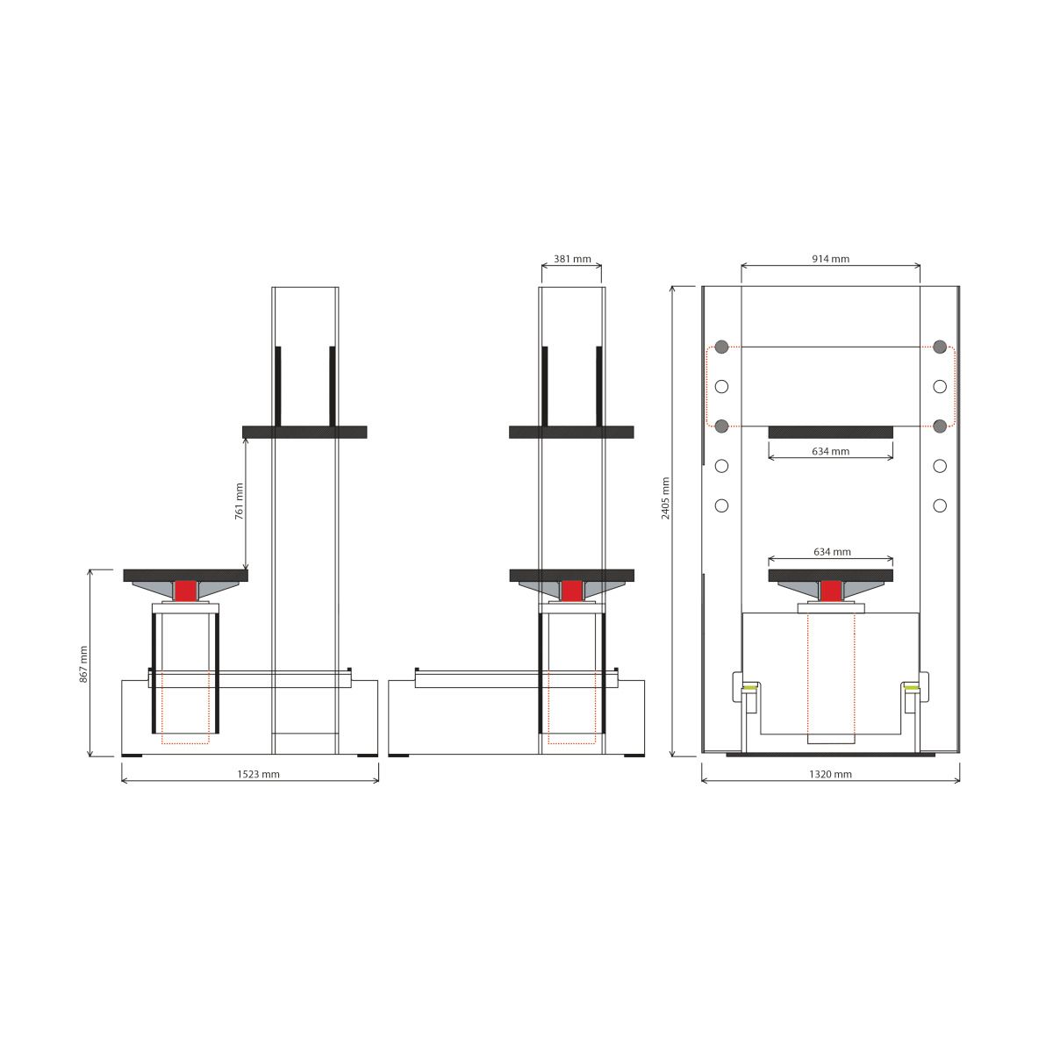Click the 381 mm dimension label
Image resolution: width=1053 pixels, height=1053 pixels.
point(572,259)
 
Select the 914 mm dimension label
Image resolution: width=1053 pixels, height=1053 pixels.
point(831,259)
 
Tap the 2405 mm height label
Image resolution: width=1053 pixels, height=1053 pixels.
point(665,498)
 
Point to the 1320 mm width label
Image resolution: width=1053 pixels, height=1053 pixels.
point(831,774)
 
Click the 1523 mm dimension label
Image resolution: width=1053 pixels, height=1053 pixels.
point(259,774)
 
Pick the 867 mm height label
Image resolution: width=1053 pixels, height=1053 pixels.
point(83,664)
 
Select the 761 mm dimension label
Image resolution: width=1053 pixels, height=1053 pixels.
point(240,500)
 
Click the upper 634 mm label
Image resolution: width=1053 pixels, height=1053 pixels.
point(831,451)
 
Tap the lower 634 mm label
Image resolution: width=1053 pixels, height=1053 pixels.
point(832,552)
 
